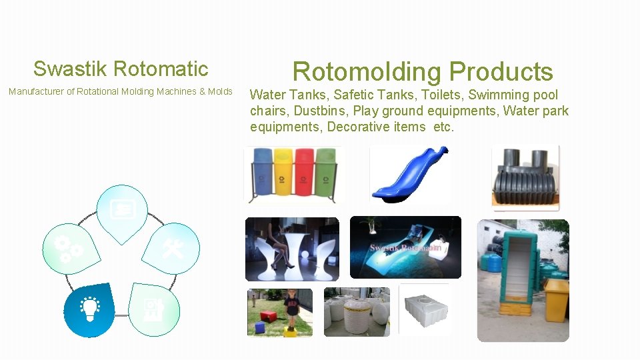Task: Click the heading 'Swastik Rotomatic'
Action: pos(121,69)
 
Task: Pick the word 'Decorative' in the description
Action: pos(359,127)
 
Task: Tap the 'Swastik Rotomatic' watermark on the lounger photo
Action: pos(405,248)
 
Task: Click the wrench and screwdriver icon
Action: pos(173,249)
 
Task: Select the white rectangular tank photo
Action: pos(424,311)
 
